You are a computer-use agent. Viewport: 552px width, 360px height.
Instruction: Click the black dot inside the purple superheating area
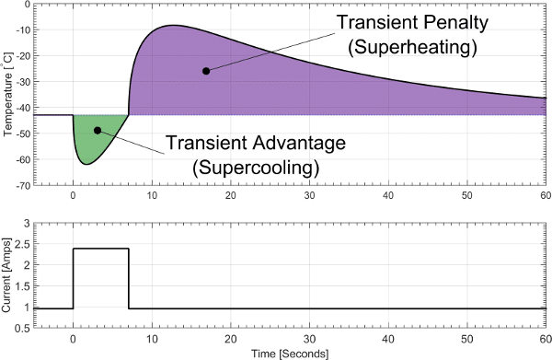(x=206, y=71)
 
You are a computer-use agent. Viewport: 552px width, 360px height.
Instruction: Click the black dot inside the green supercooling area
(x=98, y=131)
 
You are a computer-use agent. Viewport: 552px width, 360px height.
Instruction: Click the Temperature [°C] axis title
(x=8, y=95)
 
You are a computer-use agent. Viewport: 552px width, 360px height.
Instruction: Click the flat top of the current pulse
(x=100, y=249)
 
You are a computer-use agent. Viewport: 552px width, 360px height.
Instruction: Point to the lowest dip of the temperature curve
(x=86, y=164)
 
